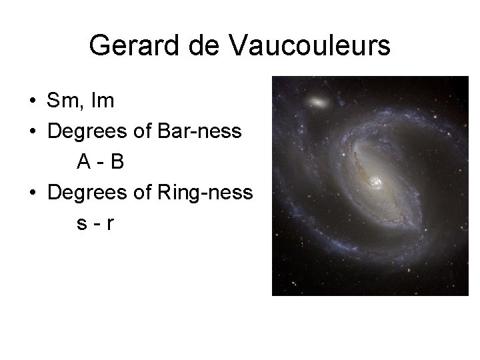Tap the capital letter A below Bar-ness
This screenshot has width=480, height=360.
[x=83, y=162]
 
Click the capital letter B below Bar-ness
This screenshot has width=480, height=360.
[x=117, y=162]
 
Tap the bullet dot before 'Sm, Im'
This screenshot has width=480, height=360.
[x=32, y=103]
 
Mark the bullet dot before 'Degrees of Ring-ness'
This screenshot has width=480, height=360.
[x=32, y=193]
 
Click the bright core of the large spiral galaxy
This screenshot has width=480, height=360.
[x=375, y=181]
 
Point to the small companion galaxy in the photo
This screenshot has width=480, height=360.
[x=318, y=103]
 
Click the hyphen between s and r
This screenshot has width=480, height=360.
[x=96, y=224]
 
